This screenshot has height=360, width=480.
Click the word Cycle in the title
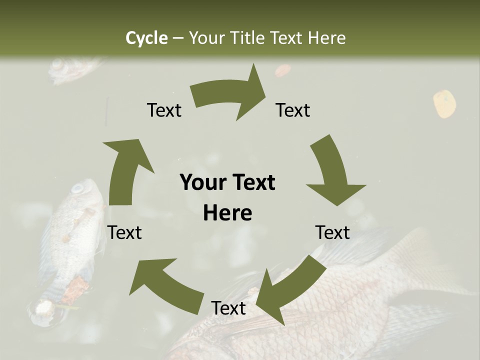146,38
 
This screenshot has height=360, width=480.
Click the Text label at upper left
164,110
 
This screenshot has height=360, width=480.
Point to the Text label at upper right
293,110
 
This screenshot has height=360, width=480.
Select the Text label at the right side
332,232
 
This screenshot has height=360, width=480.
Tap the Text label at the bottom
228,308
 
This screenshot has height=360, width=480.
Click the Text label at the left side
124,232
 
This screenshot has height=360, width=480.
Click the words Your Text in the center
227,182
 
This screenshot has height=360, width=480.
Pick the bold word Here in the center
227,213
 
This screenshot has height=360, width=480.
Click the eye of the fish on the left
77,189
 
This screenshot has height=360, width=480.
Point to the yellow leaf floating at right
444,103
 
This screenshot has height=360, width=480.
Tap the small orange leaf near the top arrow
282,70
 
